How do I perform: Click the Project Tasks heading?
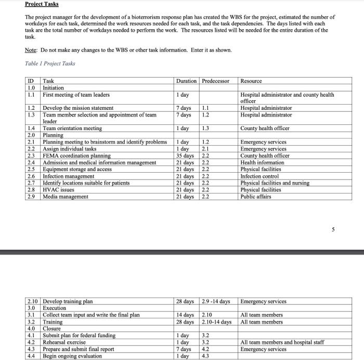click(42, 4)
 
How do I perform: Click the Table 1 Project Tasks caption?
click(50, 63)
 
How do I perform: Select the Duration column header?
click(186, 81)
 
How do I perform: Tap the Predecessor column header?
click(217, 81)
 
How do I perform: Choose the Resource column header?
click(251, 81)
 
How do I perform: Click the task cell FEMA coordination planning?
click(76, 156)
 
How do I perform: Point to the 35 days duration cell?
click(185, 156)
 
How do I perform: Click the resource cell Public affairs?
click(256, 196)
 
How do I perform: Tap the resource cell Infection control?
click(258, 176)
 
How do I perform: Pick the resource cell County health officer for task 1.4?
click(265, 128)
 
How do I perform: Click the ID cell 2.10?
click(33, 301)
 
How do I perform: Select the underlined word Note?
click(31, 50)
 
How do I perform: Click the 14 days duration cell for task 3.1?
click(185, 315)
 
